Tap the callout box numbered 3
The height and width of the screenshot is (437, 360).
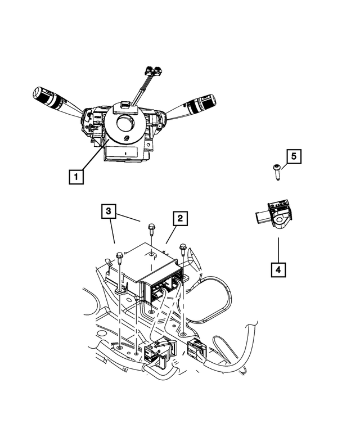pos(110,212)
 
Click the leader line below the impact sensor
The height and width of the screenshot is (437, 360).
pos(278,248)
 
